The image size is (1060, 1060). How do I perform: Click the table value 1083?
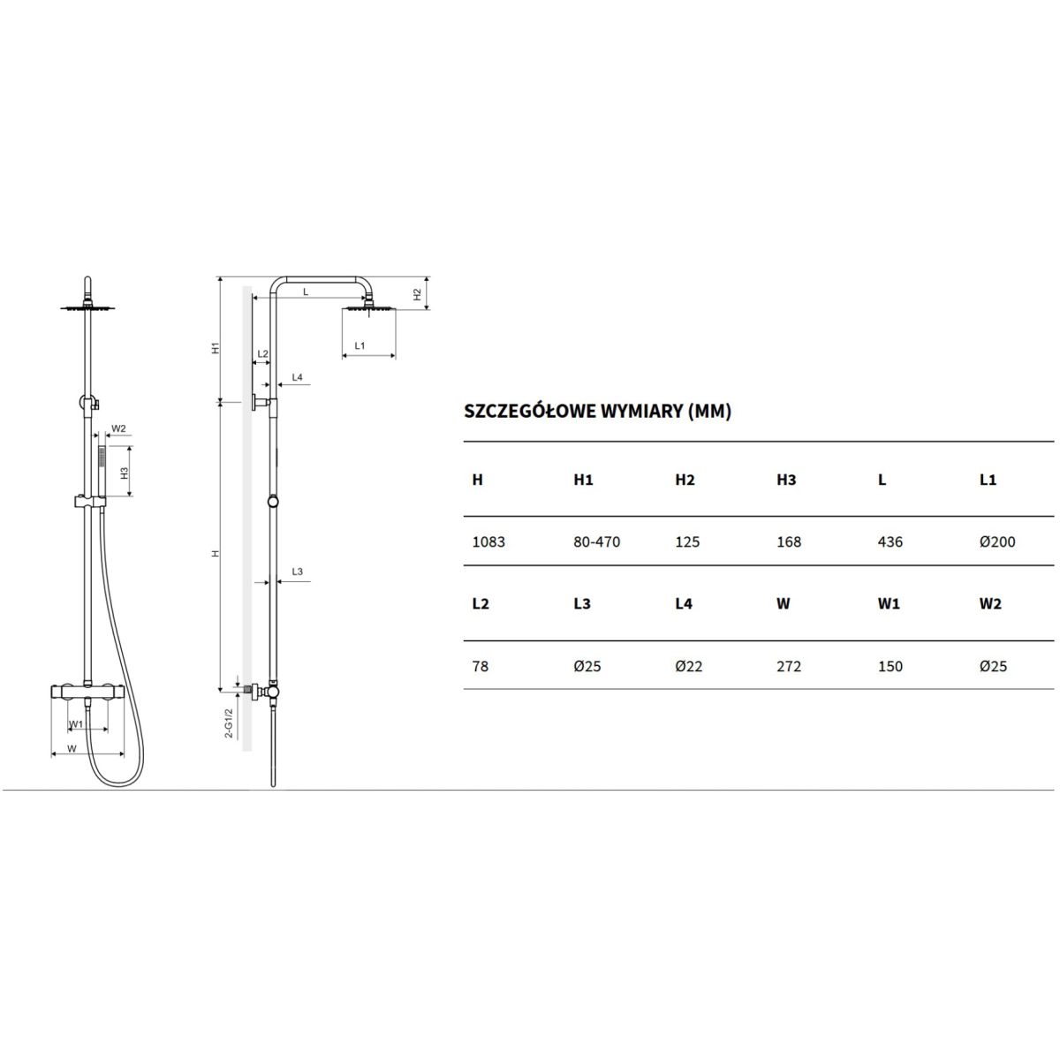click(488, 542)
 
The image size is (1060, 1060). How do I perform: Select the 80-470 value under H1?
click(596, 542)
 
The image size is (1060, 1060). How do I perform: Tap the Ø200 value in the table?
click(996, 542)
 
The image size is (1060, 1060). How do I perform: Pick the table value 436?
click(890, 542)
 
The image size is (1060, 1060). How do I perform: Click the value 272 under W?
click(788, 667)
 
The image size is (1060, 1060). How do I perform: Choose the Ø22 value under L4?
click(689, 667)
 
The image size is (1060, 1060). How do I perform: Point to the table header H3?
click(786, 481)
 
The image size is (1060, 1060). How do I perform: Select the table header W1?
click(889, 604)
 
